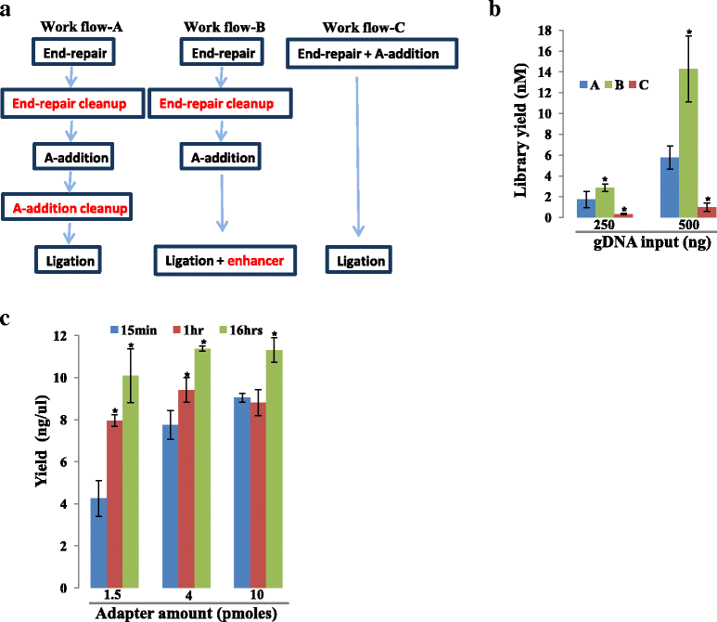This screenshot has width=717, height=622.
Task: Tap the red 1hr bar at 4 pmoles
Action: click(x=186, y=488)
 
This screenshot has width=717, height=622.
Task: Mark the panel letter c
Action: click(x=7, y=318)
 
